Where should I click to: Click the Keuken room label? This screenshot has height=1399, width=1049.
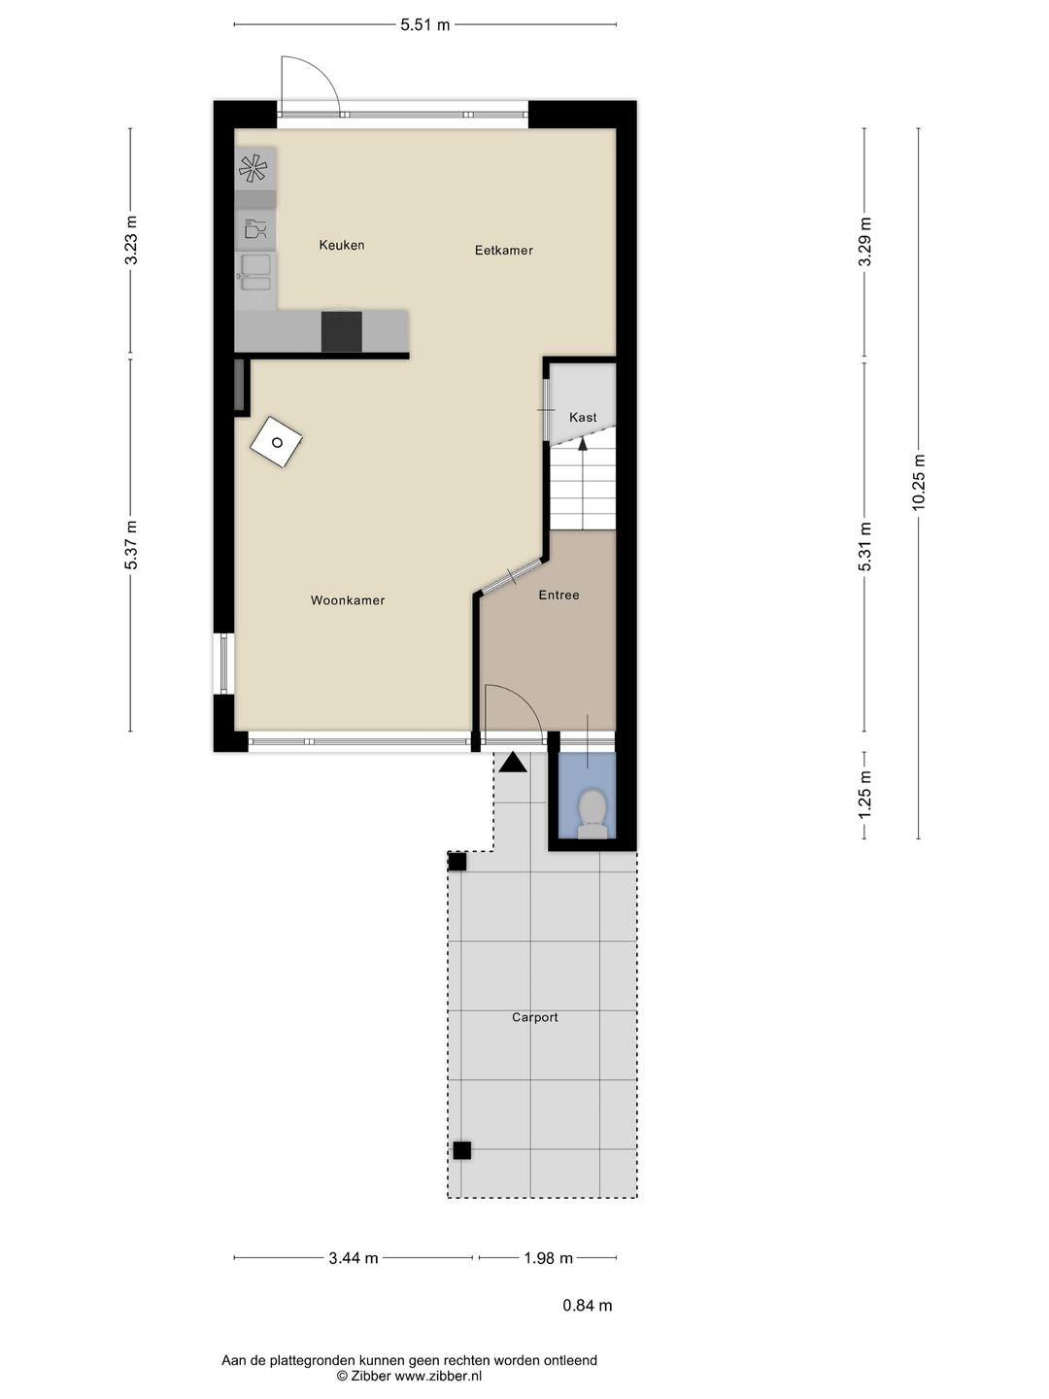tap(341, 245)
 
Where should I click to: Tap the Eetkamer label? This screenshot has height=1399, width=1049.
tap(504, 251)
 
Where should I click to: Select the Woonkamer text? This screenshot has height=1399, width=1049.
tap(348, 600)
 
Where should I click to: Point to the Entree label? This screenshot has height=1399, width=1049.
tap(558, 596)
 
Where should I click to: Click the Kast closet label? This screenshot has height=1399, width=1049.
tap(583, 418)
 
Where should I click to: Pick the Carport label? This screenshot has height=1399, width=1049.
tap(535, 1018)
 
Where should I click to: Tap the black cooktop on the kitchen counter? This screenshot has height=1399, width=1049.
tap(341, 331)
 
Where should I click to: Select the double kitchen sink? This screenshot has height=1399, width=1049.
tap(255, 273)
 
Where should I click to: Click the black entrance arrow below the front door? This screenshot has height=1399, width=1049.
tap(513, 763)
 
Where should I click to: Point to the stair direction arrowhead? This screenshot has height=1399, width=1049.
tap(583, 444)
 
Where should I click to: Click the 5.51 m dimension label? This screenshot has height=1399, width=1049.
tap(424, 25)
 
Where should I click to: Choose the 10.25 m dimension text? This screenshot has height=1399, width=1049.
tap(918, 482)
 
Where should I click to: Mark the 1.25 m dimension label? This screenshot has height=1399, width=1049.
tap(864, 795)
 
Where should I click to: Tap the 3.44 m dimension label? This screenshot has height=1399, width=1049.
tap(354, 1258)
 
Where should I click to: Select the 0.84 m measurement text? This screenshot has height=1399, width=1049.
tap(588, 1306)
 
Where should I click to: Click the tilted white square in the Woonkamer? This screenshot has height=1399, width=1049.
tap(276, 442)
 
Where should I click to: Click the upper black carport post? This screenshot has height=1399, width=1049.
tap(457, 863)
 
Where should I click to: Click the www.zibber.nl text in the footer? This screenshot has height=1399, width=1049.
tap(438, 1376)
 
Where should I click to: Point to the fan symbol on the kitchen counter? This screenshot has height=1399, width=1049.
tap(253, 169)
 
